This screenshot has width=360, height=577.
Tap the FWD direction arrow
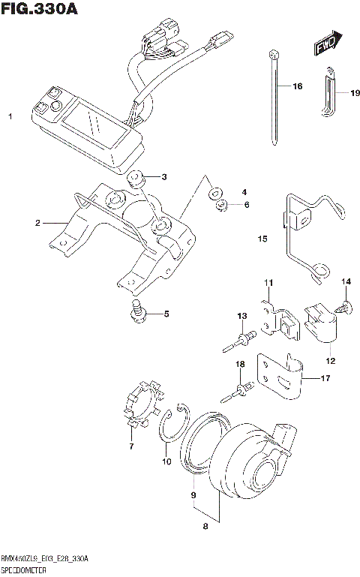(x=325, y=44)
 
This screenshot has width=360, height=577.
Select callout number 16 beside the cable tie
(x=296, y=87)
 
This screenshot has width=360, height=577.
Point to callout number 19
(x=344, y=93)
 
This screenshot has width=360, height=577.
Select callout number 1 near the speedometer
(x=10, y=118)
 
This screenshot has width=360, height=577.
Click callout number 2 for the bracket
(x=37, y=223)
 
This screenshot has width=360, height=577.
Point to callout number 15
(x=262, y=239)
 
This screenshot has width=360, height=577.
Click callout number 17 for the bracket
(x=325, y=378)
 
